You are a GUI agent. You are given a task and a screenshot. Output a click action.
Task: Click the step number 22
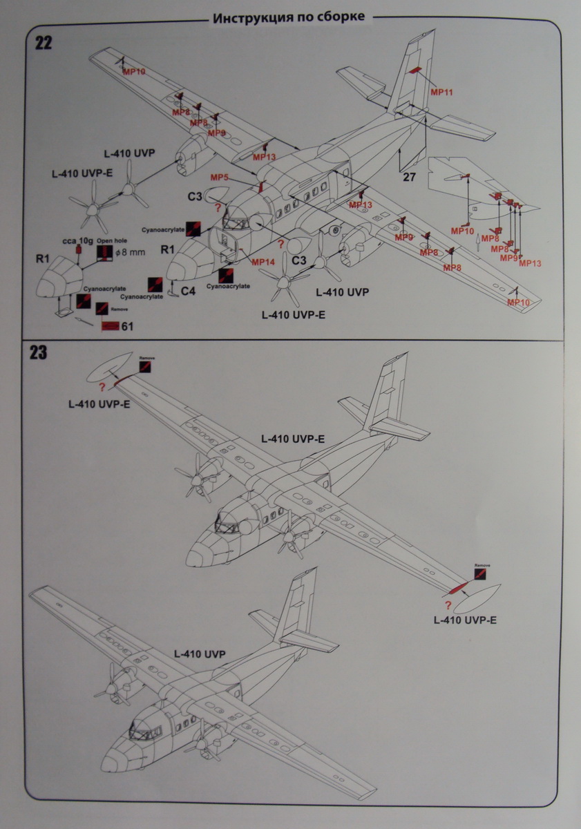(x=43, y=43)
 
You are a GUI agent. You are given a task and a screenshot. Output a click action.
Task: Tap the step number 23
(x=39, y=353)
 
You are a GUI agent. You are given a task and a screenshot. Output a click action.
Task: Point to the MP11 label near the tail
(x=441, y=91)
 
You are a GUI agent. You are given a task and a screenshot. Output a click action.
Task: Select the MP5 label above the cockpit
(x=220, y=178)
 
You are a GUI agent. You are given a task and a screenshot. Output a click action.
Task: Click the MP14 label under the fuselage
(x=263, y=262)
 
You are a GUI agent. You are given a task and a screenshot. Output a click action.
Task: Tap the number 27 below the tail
(x=409, y=178)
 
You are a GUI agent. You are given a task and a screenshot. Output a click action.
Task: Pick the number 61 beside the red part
(x=127, y=326)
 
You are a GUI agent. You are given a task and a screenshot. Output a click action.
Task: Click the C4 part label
(x=188, y=291)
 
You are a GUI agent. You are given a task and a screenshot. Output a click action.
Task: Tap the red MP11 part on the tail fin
(x=415, y=70)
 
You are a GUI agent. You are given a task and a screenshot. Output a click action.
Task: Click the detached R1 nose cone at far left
(x=57, y=279)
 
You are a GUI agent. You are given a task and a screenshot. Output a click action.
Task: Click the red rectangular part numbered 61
(x=109, y=326)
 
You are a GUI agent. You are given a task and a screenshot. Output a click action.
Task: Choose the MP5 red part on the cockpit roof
(x=261, y=187)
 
